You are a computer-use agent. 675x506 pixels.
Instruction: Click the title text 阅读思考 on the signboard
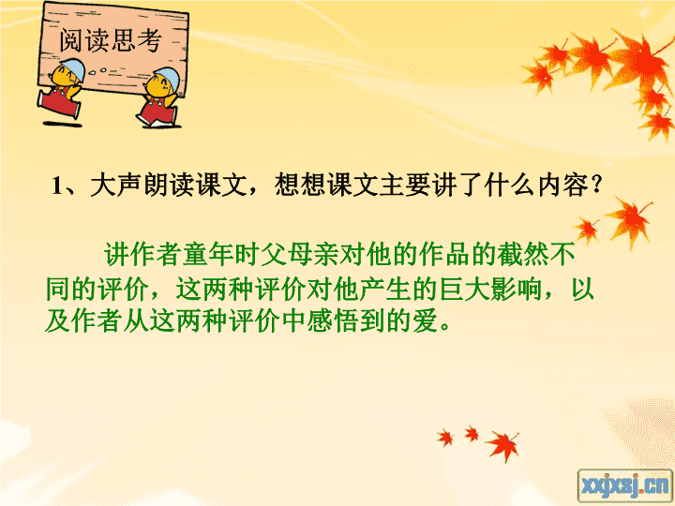coord(111,40)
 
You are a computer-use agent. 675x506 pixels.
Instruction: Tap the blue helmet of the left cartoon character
coord(72,67)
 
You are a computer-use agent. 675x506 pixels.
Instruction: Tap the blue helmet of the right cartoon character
coord(167,77)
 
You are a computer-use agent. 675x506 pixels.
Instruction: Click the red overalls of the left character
coord(60,102)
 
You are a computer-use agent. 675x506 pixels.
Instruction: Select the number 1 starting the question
coord(57,186)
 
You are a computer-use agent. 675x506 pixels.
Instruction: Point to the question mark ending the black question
coord(596,185)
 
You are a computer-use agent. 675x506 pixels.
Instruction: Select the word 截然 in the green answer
coord(523,254)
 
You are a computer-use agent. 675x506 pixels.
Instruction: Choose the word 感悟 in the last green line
coord(333,321)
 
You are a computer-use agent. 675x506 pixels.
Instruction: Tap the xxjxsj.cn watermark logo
coord(625,486)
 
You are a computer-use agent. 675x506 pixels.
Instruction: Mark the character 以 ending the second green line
coord(582,289)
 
